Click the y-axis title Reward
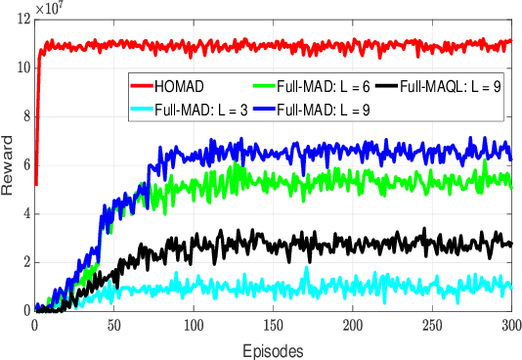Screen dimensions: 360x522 (10, 176)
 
